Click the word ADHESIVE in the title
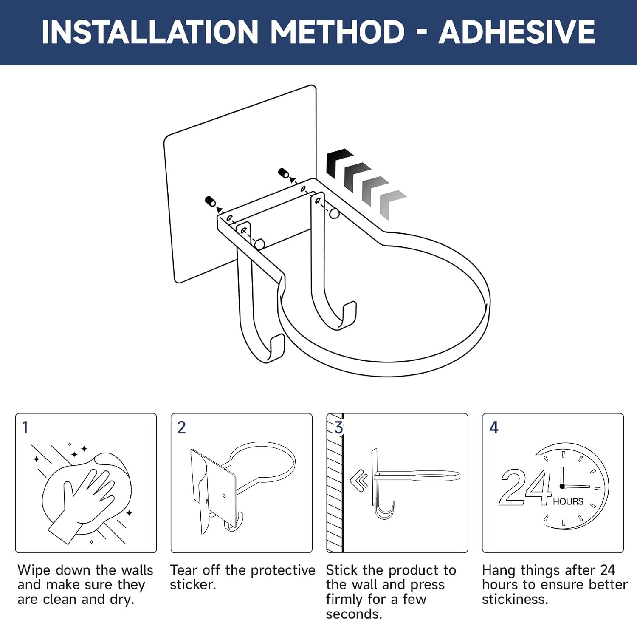[x=517, y=32]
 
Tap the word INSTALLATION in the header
[x=150, y=32]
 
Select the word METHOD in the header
[x=338, y=32]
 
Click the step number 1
[x=25, y=427]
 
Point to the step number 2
[x=181, y=427]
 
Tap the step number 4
[x=493, y=427]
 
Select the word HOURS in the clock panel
[x=568, y=502]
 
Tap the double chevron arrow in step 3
[x=359, y=481]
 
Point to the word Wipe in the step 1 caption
[x=34, y=570]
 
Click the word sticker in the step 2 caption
[x=193, y=585]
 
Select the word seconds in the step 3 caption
[x=354, y=614]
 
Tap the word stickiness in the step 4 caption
[x=515, y=600]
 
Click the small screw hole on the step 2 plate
[x=224, y=495]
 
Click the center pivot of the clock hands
[x=562, y=486]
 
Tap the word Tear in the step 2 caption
[x=184, y=570]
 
